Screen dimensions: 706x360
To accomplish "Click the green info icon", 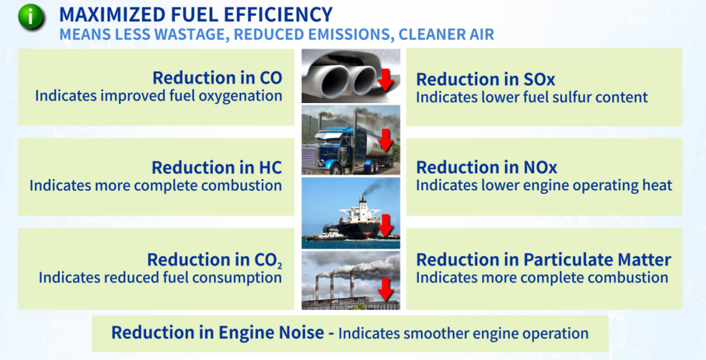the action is (x=31, y=16).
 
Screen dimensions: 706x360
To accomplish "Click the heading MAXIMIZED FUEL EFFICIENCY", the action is (x=196, y=14).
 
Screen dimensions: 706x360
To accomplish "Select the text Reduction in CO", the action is (x=217, y=77).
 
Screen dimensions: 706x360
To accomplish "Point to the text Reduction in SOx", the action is (x=486, y=79).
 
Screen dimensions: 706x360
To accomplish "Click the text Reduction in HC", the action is (x=217, y=167).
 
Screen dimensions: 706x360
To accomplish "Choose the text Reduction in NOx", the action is (x=486, y=167).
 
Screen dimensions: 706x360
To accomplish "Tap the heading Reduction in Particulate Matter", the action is (x=544, y=260).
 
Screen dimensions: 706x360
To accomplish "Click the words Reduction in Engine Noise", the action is (x=217, y=333).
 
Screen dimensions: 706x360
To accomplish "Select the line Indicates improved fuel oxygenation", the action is (x=159, y=96).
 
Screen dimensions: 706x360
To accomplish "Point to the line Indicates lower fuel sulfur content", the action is (x=531, y=97).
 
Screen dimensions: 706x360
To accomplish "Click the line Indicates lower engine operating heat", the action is (x=544, y=185).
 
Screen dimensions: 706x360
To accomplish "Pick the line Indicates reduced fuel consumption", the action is (x=160, y=277).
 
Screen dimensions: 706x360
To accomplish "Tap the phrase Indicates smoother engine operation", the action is (x=464, y=334).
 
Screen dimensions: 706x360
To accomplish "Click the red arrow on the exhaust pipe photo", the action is (x=385, y=80).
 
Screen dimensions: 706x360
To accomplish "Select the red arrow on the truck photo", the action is (x=385, y=140).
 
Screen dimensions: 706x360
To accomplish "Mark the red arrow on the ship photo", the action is (x=386, y=225).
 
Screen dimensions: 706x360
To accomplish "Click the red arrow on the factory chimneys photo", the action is (x=386, y=289).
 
